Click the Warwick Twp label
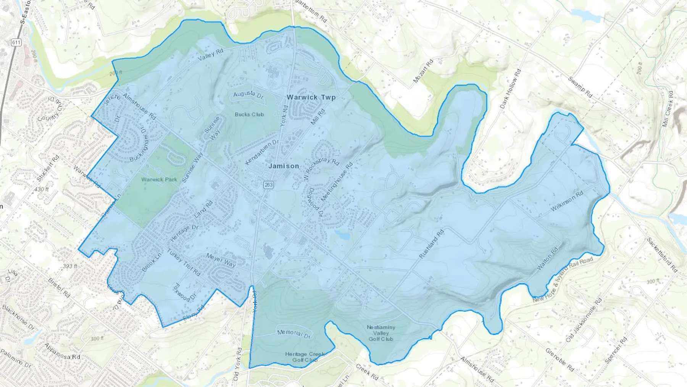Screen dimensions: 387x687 (311, 97)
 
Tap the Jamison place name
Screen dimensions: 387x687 (284, 166)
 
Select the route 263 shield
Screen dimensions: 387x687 (268, 185)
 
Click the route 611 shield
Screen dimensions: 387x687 (16, 42)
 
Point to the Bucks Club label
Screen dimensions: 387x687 (249, 114)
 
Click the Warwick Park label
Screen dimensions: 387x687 (159, 179)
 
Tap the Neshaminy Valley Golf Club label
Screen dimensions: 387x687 (381, 333)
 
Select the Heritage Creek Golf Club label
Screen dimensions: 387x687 (305, 357)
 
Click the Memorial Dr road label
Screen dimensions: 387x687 (294, 334)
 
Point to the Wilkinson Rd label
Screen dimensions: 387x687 (567, 201)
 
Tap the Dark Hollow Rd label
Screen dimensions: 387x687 (510, 89)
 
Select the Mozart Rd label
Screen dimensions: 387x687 (424, 71)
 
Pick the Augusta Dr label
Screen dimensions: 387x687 (248, 94)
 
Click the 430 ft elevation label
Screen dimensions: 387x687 (42, 189)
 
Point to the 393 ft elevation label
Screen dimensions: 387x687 (70, 266)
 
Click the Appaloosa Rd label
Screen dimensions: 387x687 (62, 351)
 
